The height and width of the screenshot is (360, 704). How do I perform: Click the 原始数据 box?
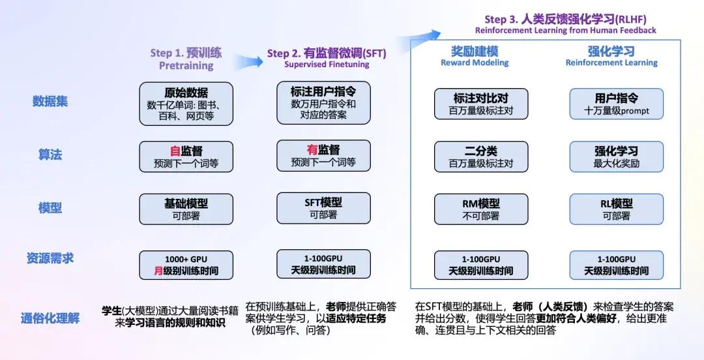click(x=186, y=103)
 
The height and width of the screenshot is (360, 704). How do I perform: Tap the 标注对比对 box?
click(x=481, y=104)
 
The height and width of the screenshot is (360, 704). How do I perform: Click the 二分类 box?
click(x=481, y=157)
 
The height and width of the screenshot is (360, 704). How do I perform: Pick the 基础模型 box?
click(x=186, y=209)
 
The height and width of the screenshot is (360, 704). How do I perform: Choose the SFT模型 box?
click(x=323, y=208)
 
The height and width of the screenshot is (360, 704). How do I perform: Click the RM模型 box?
click(x=481, y=209)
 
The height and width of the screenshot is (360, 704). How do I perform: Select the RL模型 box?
click(x=616, y=209)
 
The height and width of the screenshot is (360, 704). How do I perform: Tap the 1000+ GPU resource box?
click(x=186, y=264)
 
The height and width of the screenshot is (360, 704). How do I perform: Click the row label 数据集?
click(x=50, y=101)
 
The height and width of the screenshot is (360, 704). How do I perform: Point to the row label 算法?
click(x=50, y=155)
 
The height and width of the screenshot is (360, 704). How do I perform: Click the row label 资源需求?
click(x=50, y=258)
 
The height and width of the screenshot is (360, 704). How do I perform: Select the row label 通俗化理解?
click(x=50, y=319)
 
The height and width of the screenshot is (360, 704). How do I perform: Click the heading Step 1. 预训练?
click(x=186, y=53)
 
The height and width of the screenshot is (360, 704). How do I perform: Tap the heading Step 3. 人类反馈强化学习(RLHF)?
click(x=565, y=19)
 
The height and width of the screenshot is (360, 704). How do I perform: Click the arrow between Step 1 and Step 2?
click(x=250, y=61)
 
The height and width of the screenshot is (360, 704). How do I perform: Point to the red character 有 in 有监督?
click(x=312, y=150)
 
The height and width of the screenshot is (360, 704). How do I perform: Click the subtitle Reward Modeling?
click(x=475, y=63)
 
